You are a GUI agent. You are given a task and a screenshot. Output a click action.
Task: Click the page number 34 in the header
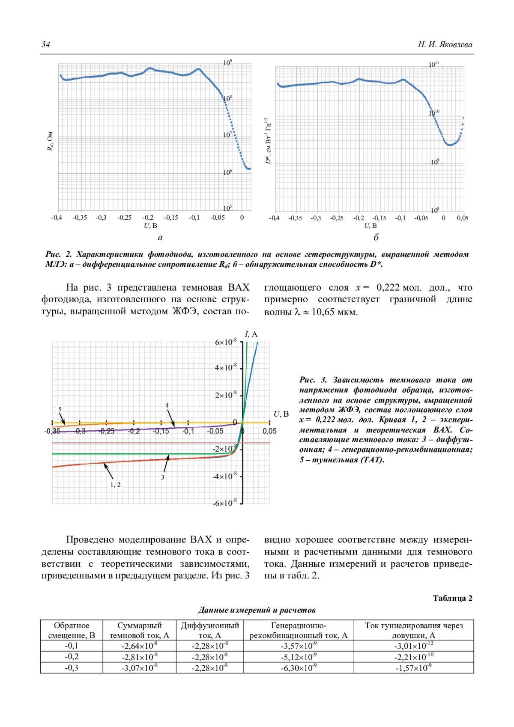coord(46,45)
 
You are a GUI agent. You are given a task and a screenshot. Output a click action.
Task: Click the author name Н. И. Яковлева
coord(445,45)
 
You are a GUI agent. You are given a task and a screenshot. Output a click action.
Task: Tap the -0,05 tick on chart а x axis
coord(218,218)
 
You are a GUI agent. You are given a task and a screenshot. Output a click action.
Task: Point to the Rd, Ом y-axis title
coord(50,141)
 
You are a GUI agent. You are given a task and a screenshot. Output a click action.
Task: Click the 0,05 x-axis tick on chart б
coord(463,218)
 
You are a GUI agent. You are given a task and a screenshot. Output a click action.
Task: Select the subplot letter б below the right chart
coord(376,237)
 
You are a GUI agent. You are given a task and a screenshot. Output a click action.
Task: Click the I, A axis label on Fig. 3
coord(251,334)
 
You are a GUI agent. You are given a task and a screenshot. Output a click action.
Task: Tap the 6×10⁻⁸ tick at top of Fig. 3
coord(226,342)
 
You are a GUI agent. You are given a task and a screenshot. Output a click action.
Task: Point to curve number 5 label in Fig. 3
coord(60,409)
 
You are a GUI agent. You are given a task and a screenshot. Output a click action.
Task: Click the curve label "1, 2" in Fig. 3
coord(116,485)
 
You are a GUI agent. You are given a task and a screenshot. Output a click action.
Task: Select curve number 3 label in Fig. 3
coord(163,477)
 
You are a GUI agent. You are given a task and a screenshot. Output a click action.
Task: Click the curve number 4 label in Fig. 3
coord(167,405)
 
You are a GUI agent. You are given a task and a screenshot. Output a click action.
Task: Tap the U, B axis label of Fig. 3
coord(281,414)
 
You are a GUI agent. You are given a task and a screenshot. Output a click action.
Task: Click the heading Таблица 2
coord(452,598)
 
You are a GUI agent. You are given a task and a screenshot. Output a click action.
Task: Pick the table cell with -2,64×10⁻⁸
coord(139,646)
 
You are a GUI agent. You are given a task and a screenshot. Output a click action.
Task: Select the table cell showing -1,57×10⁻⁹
coord(413,668)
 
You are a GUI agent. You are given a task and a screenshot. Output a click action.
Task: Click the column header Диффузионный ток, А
coord(210,630)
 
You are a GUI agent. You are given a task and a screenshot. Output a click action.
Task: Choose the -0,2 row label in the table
coord(72,657)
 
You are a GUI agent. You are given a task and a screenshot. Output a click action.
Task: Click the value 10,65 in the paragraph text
coord(323,312)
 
